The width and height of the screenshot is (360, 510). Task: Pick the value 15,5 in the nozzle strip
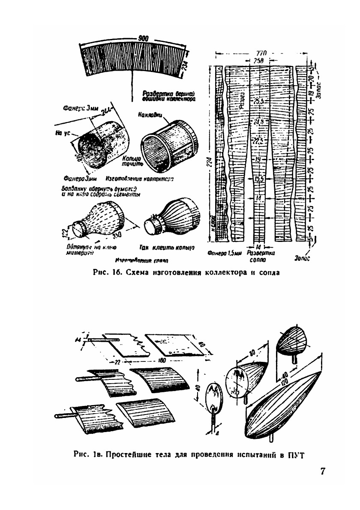(258, 179)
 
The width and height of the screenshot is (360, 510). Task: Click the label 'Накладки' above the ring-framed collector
(150, 115)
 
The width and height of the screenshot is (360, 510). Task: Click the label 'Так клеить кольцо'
(168, 248)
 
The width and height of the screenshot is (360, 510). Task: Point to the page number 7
(322, 471)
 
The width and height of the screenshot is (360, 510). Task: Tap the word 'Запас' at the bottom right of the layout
(303, 259)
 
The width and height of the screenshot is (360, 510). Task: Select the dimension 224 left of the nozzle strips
(209, 160)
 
